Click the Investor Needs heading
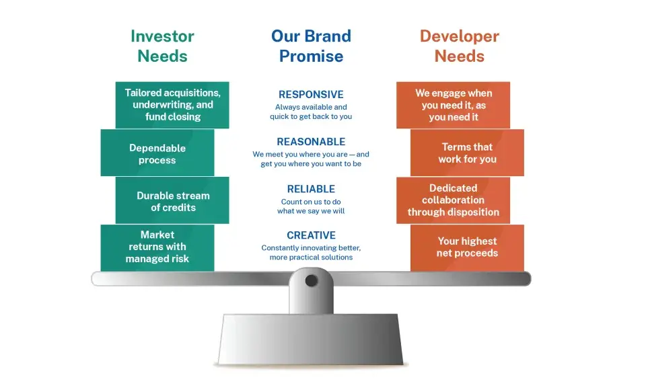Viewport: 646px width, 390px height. pos(162,46)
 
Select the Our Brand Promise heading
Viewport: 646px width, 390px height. pos(311,46)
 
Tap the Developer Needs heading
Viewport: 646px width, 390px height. pos(459,46)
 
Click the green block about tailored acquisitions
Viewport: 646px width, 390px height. pos(172,105)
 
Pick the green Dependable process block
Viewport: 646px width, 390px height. pos(157,153)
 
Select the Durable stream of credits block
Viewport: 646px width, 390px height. pos(172,201)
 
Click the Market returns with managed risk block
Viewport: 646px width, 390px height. pos(157,247)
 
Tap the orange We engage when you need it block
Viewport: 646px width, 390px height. pos(453,105)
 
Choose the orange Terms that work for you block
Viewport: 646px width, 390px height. pos(468,153)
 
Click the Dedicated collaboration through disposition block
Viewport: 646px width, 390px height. pos(453,200)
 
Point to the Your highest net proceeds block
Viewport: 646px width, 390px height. pos(468,247)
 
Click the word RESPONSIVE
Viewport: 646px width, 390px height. pos(311,95)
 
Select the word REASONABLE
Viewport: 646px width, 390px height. pos(311,142)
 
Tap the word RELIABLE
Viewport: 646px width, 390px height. pos(311,189)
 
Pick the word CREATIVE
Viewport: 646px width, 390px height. pos(311,235)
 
